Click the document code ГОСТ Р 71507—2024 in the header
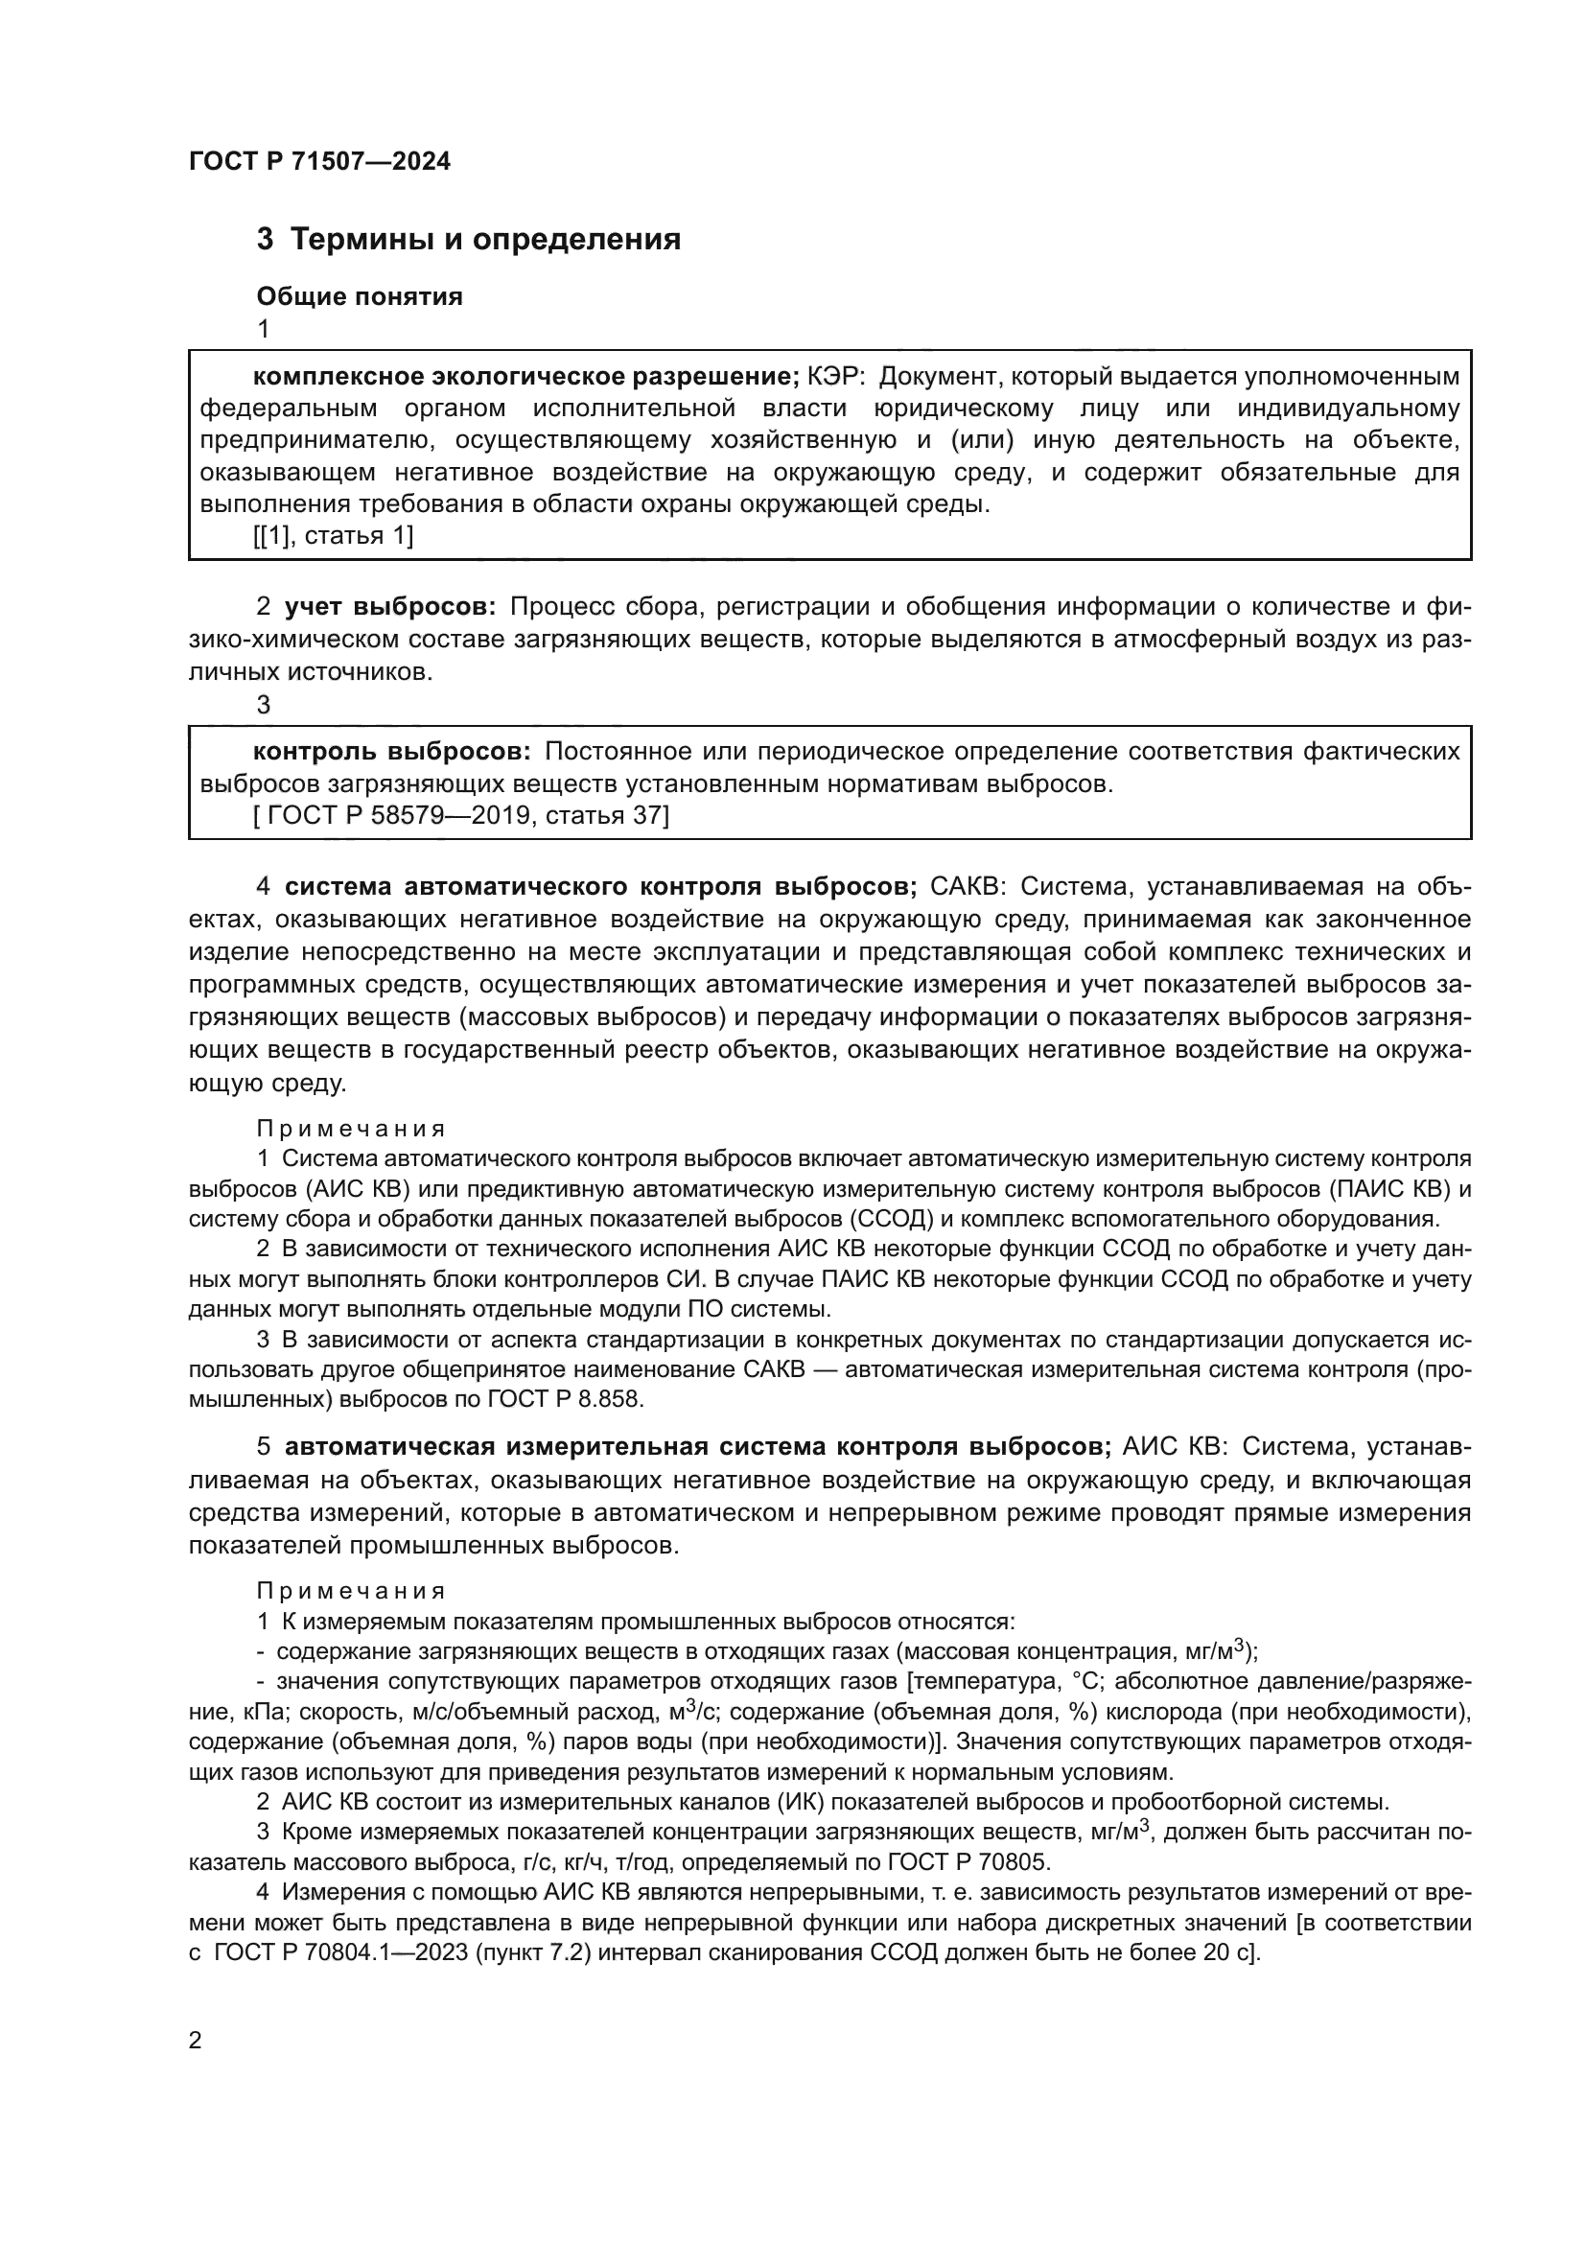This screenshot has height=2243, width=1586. click(319, 161)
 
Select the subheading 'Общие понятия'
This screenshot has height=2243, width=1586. click(360, 296)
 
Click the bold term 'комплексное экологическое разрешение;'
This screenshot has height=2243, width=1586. click(526, 376)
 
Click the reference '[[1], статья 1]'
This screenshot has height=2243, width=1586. click(333, 535)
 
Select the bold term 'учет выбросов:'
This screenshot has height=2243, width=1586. click(390, 607)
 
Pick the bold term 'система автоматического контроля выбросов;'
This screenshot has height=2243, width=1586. click(599, 886)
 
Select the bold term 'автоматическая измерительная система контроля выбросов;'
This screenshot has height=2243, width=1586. click(697, 1446)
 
